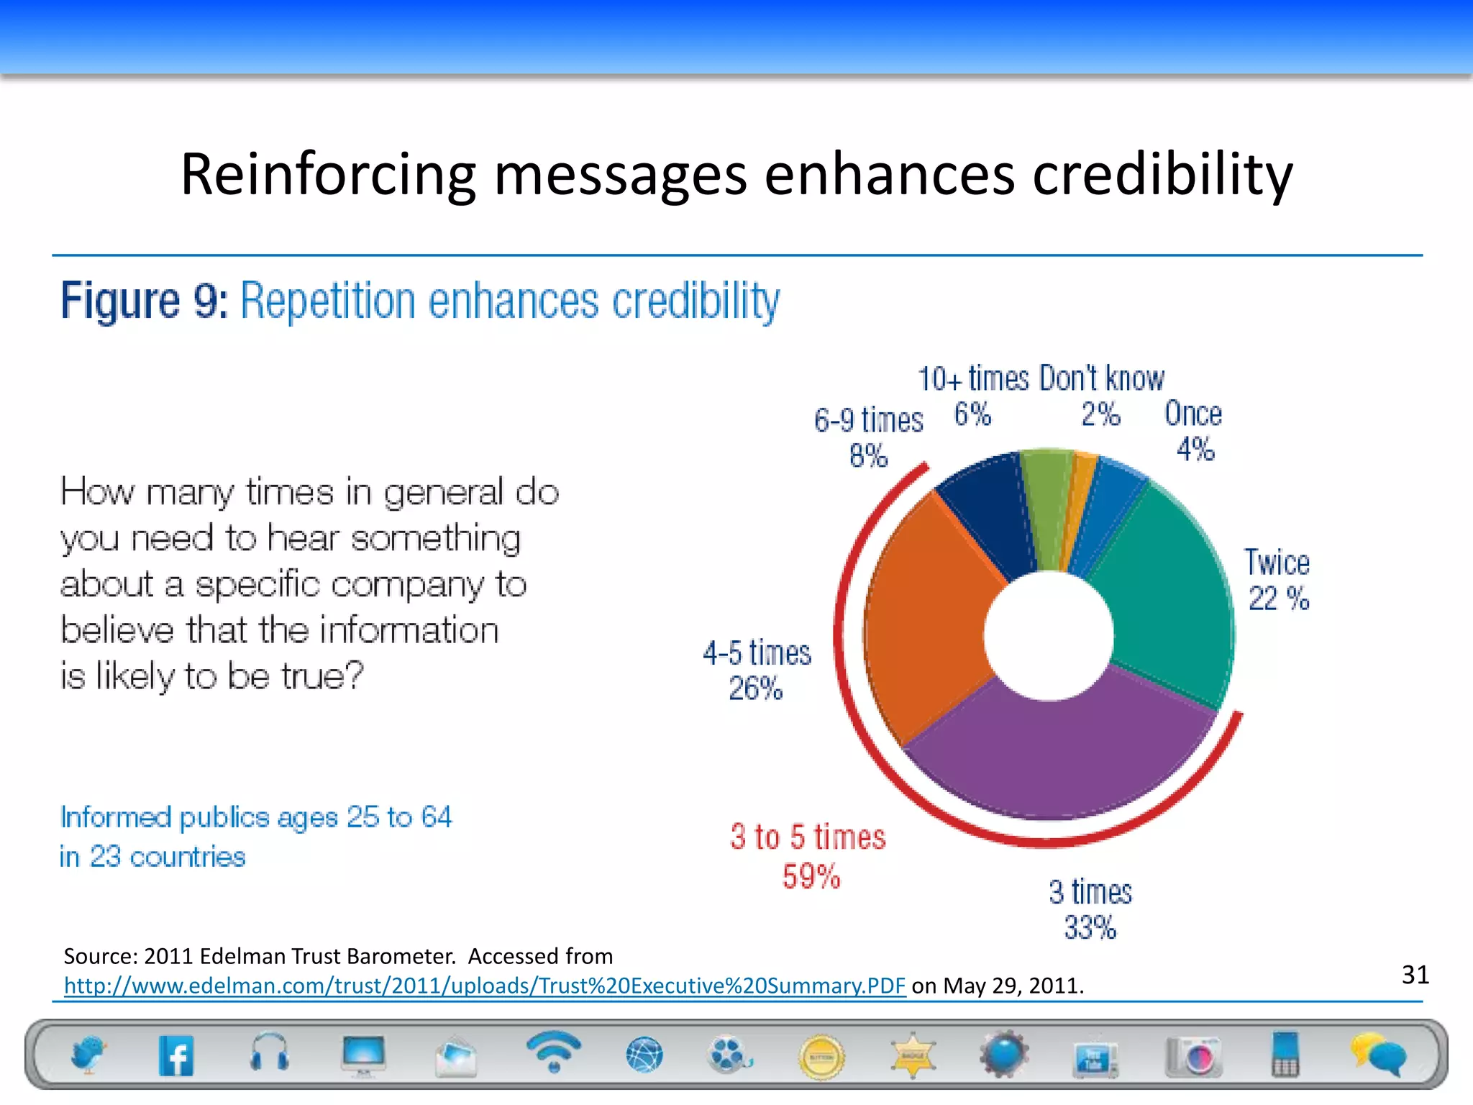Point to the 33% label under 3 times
(1090, 927)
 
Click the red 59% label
(811, 876)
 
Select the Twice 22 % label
(1277, 580)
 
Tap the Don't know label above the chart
(1101, 379)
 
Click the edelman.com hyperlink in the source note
(484, 985)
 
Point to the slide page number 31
(1415, 975)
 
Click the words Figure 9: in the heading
(144, 301)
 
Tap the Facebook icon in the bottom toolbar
(176, 1056)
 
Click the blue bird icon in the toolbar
(88, 1055)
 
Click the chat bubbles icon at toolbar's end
(1377, 1055)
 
